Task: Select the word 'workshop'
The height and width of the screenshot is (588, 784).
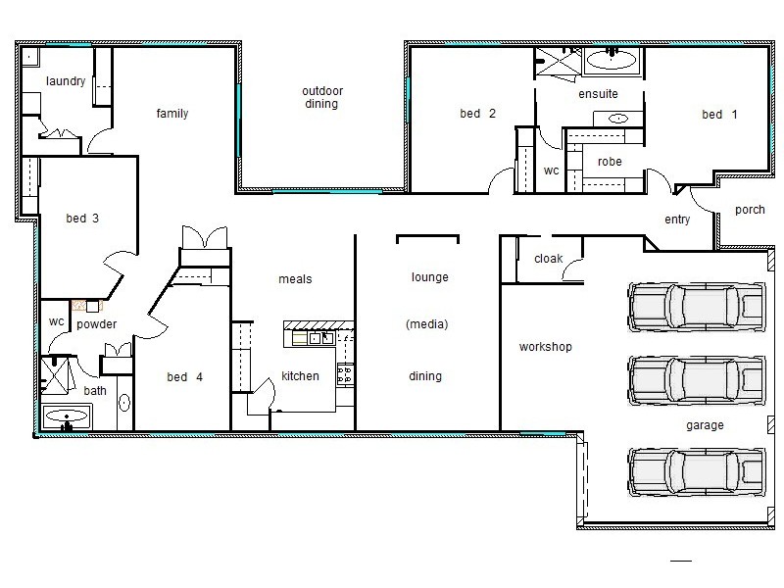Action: tap(546, 347)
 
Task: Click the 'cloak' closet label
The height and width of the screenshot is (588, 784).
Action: tap(548, 259)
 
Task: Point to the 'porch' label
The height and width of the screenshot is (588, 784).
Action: tap(750, 210)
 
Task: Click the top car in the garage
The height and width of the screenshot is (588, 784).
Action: tap(694, 303)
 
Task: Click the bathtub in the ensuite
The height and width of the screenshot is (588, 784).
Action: tap(612, 61)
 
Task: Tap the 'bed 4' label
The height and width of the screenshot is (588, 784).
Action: tap(184, 376)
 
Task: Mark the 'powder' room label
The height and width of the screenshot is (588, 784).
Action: tap(96, 324)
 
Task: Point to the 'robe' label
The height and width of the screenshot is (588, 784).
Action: tap(611, 163)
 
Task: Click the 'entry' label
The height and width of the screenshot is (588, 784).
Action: tap(677, 220)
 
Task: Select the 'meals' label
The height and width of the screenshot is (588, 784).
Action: tap(295, 279)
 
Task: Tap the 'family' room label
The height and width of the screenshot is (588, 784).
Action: tap(172, 114)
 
